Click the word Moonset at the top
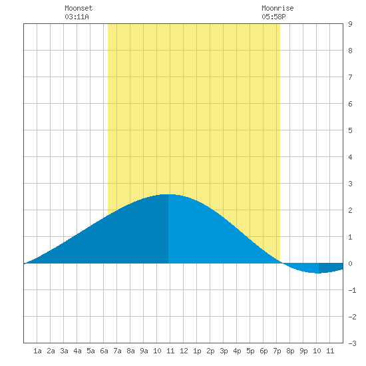tap(79, 8)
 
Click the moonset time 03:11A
tap(77, 17)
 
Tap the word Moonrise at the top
tap(277, 8)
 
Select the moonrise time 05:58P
tap(274, 17)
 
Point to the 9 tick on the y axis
tap(350, 24)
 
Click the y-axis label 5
tap(350, 130)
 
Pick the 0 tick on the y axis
tap(350, 264)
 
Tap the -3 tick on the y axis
tap(352, 343)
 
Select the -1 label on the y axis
tap(352, 290)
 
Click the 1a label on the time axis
tap(37, 351)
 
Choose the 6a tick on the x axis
tap(104, 351)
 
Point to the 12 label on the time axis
tap(184, 351)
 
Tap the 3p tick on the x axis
tap(224, 351)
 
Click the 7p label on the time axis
tap(277, 351)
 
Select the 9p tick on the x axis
tap(303, 351)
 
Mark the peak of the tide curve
tap(168, 194)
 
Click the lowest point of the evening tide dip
tap(318, 273)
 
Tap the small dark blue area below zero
tap(330, 268)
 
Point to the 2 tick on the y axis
tap(350, 210)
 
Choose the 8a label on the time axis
tap(130, 351)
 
